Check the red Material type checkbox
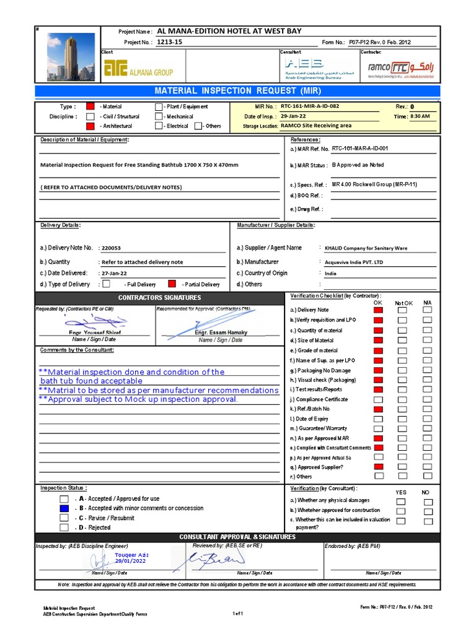click(x=90, y=106)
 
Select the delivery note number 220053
click(x=112, y=248)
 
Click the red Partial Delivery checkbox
click(x=172, y=284)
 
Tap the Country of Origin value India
click(x=330, y=273)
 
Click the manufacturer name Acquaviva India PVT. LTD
click(x=354, y=262)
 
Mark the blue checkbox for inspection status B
click(x=64, y=508)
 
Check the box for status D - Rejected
click(x=64, y=528)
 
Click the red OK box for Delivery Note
click(x=378, y=310)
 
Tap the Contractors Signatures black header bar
click(x=160, y=298)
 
